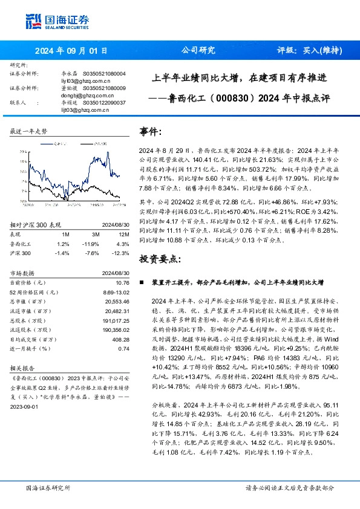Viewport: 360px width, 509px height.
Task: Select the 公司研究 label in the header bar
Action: (x=198, y=51)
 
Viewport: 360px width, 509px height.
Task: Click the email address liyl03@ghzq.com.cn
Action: (x=85, y=80)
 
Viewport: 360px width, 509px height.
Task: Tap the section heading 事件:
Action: (x=151, y=131)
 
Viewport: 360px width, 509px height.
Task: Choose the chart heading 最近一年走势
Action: (x=28, y=131)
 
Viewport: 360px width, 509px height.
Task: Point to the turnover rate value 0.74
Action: (x=123, y=331)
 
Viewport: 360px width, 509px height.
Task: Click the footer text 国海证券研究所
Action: (x=48, y=487)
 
